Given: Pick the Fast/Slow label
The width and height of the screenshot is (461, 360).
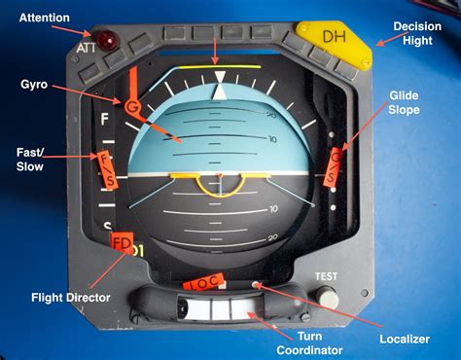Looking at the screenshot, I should [28, 160].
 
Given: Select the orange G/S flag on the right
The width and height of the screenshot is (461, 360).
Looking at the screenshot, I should [334, 165].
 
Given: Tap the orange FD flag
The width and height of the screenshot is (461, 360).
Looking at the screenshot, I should [122, 242].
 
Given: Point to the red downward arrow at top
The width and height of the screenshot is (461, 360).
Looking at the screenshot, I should [215, 49].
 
